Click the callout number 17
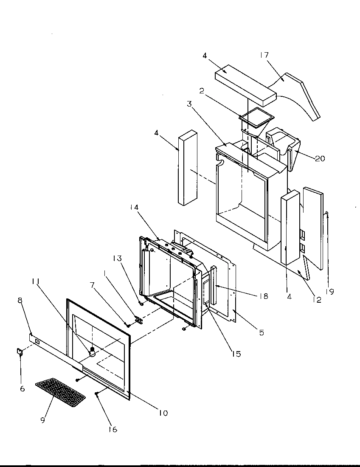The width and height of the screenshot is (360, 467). (x=264, y=55)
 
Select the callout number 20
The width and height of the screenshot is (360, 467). (x=320, y=158)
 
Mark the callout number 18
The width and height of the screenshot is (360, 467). (x=264, y=296)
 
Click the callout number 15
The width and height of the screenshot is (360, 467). (x=236, y=354)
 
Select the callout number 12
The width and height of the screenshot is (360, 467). (x=316, y=300)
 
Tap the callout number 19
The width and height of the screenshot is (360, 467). (x=331, y=292)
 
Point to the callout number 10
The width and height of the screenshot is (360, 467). (x=163, y=413)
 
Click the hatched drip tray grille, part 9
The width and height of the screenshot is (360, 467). (x=60, y=392)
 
